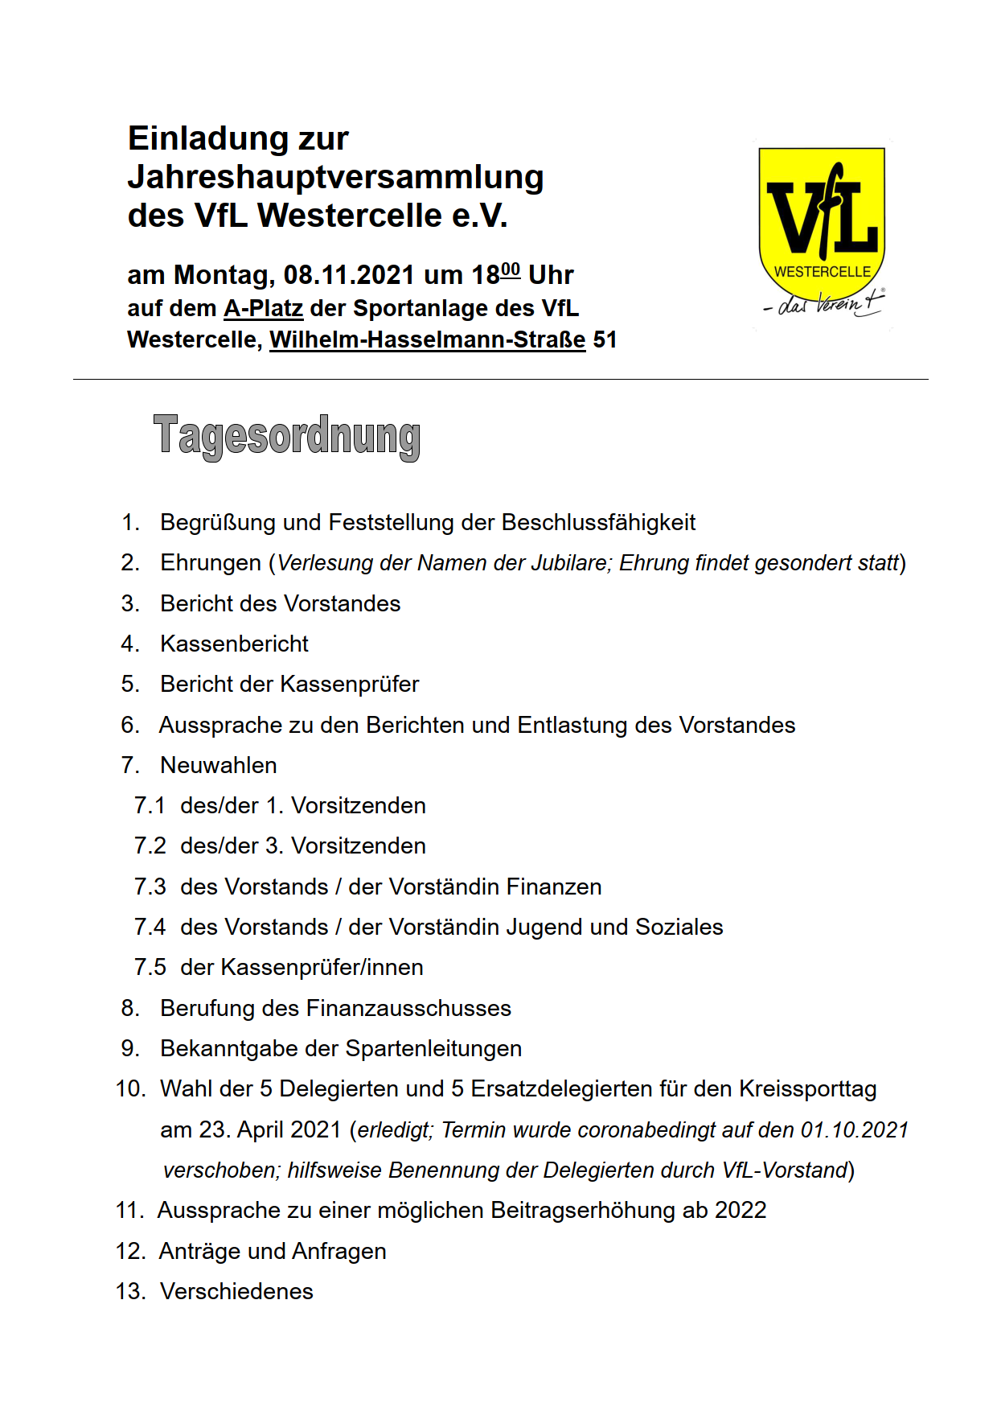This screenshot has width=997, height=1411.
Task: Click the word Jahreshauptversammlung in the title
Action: point(335,177)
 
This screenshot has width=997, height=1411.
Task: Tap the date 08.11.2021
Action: point(349,275)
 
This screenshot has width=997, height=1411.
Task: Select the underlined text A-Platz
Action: point(263,309)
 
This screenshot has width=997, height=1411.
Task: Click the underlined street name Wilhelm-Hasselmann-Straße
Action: point(427,340)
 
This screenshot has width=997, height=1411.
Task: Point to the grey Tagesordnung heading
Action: point(286,436)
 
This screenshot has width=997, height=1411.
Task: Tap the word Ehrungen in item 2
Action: point(211,563)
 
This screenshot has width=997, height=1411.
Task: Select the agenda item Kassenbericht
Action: point(234,644)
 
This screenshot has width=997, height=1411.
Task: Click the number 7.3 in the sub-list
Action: point(150,887)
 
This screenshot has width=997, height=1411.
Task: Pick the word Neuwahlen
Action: point(219,766)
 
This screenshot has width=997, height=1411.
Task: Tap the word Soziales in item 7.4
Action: point(679,928)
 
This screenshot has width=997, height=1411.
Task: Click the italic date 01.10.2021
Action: point(854,1130)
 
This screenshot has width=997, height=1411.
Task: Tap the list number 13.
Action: point(130,1292)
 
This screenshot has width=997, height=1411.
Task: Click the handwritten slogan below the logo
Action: point(823,304)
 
